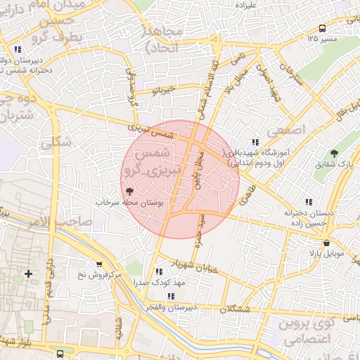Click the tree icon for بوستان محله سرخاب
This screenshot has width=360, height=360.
click(x=129, y=191)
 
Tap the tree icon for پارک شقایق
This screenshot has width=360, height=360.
click(x=334, y=153)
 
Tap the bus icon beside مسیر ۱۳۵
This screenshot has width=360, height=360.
click(x=322, y=28)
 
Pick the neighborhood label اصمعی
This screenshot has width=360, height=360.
click(x=279, y=131)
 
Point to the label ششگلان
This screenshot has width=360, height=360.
click(x=235, y=309)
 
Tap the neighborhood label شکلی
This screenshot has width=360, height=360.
click(x=56, y=143)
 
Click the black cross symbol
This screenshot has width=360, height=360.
click(x=28, y=273)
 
